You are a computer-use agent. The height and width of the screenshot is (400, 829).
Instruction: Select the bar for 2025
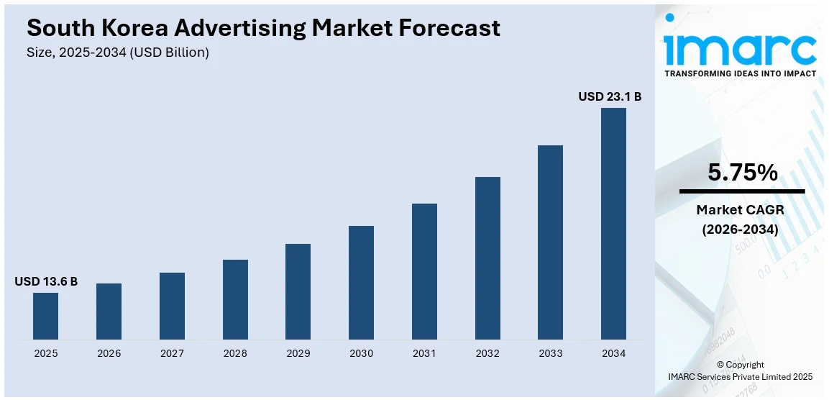(x=45, y=316)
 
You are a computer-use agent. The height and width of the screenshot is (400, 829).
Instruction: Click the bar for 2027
(x=172, y=306)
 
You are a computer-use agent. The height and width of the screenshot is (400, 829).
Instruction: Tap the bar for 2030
(x=361, y=282)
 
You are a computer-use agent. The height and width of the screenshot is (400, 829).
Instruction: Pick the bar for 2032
(x=487, y=258)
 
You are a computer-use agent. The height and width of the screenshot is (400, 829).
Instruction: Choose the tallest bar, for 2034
(x=613, y=224)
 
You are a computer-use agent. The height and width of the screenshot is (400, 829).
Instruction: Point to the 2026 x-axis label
(x=109, y=353)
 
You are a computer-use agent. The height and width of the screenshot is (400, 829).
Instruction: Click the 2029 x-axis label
(x=298, y=353)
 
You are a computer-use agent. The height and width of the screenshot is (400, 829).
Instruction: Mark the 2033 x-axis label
(x=550, y=353)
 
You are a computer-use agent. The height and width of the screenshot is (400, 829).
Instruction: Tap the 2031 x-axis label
(x=424, y=353)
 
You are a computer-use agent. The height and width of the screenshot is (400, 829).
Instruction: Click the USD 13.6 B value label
(x=46, y=281)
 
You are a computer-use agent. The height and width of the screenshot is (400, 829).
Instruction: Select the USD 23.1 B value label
(x=610, y=96)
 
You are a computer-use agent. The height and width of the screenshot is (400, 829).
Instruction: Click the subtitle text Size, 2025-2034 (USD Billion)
(x=118, y=53)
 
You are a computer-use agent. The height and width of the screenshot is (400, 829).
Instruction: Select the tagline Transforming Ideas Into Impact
(x=740, y=73)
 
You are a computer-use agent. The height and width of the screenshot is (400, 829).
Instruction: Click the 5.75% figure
(x=742, y=173)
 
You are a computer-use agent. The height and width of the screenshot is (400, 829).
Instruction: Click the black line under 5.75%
(x=742, y=191)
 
